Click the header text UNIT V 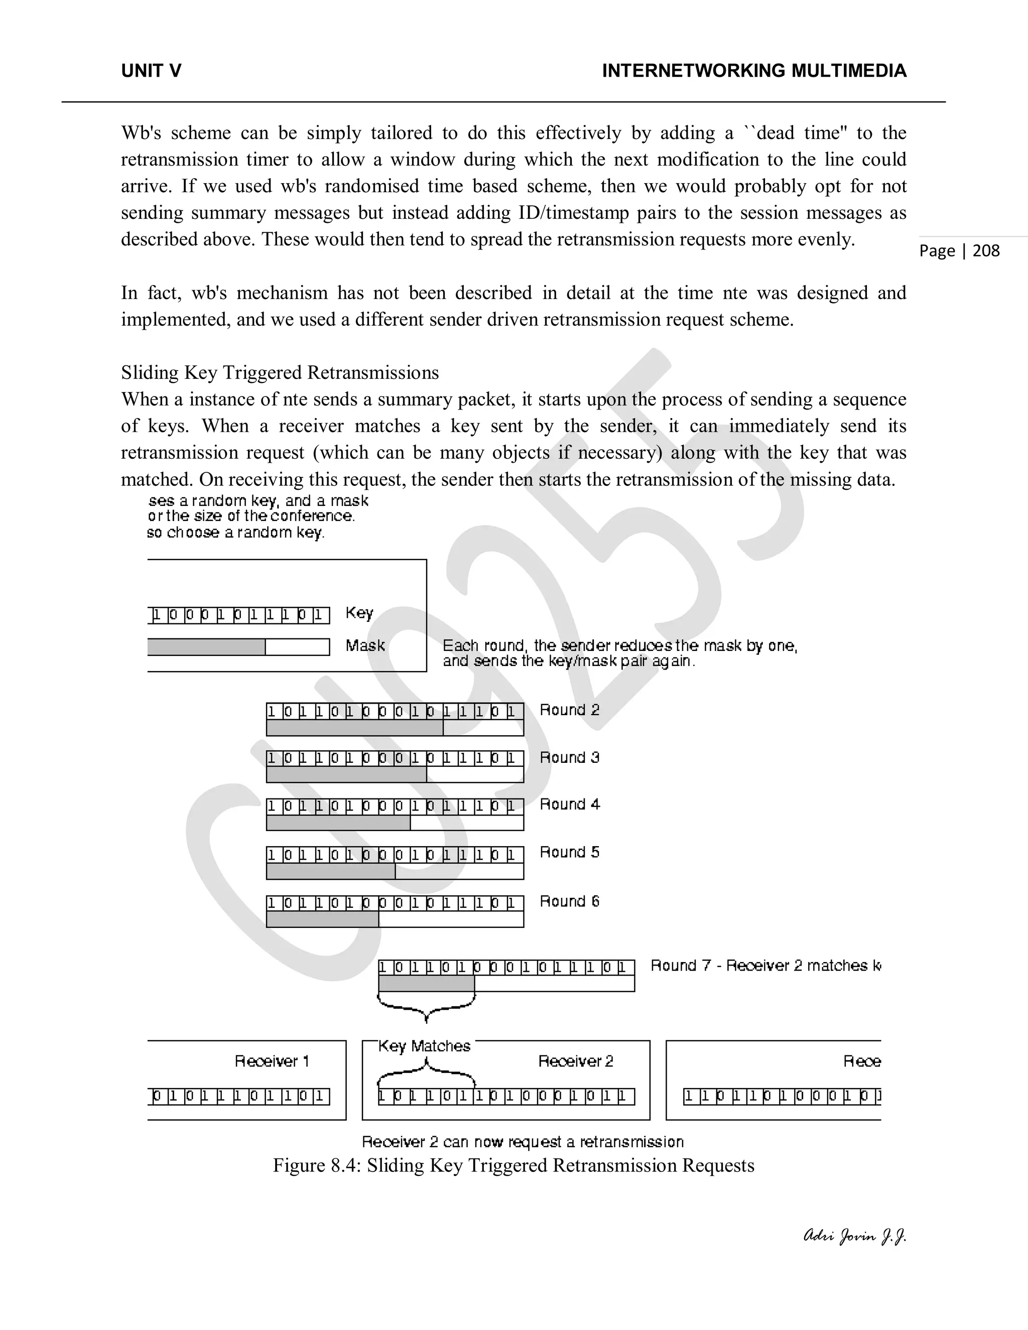pyautogui.click(x=151, y=71)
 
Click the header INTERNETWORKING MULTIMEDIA pyautogui.click(x=754, y=71)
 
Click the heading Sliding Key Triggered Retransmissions pyautogui.click(x=280, y=373)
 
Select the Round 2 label pyautogui.click(x=569, y=710)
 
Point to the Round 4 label pyautogui.click(x=569, y=805)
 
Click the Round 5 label pyautogui.click(x=569, y=853)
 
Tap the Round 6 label pyautogui.click(x=569, y=901)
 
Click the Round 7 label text pyautogui.click(x=765, y=966)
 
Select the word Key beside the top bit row pyautogui.click(x=359, y=613)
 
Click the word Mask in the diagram pyautogui.click(x=365, y=645)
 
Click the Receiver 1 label pyautogui.click(x=272, y=1061)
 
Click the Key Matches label pyautogui.click(x=425, y=1046)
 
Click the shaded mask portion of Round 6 pyautogui.click(x=322, y=919)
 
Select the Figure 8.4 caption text pyautogui.click(x=513, y=1165)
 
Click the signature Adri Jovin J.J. pyautogui.click(x=855, y=1237)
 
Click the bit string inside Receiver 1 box pyautogui.click(x=240, y=1097)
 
